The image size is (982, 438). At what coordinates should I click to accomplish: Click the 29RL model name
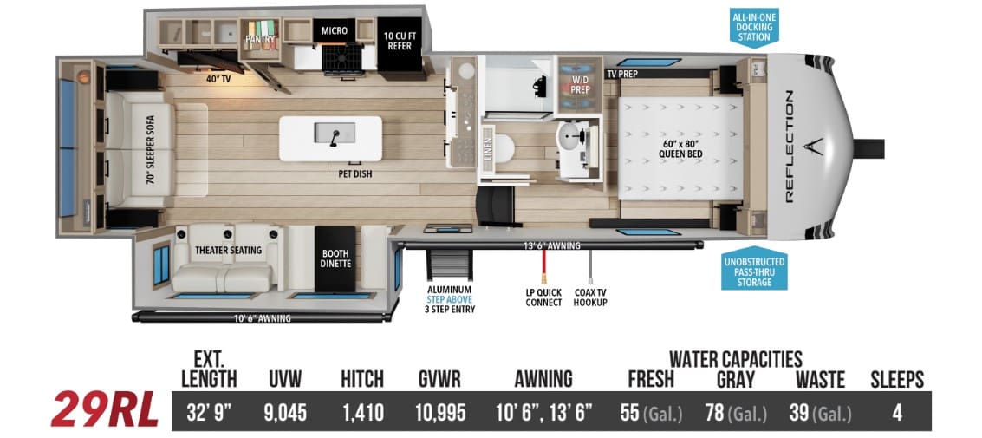[104, 411]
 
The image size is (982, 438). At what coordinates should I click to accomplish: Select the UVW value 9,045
[289, 412]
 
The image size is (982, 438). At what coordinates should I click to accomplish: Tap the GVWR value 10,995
[440, 412]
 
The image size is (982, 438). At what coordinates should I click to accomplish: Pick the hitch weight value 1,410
[362, 412]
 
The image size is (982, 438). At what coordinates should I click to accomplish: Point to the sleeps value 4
[897, 412]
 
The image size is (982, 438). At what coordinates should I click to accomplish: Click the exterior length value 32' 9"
[209, 412]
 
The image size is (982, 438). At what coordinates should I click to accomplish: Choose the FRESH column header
[651, 379]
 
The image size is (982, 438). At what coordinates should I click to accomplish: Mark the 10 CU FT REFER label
[400, 41]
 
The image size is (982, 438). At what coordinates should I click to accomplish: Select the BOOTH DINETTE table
[335, 258]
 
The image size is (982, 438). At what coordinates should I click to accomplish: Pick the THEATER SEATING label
[228, 251]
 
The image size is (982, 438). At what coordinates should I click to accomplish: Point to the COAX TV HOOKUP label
[590, 297]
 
